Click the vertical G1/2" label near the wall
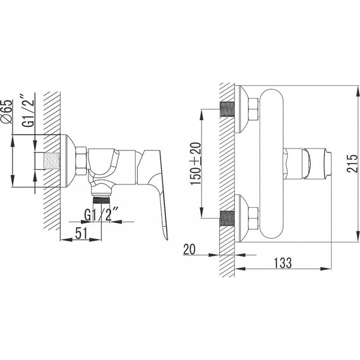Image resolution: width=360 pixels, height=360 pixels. pos(28,111)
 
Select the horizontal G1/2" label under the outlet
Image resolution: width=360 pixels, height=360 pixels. pos(102,214)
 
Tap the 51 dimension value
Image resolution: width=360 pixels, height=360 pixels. pos(81,233)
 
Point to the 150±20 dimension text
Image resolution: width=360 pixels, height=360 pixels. pos(195,163)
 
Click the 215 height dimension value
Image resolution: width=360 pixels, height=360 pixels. pos(352,163)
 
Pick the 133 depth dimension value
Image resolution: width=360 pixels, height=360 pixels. pos(283,263)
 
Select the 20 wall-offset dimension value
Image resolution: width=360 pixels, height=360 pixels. pos(189,249)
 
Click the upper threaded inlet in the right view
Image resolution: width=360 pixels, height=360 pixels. pos(227,109)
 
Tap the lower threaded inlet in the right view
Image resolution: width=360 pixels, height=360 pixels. pos(227,218)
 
